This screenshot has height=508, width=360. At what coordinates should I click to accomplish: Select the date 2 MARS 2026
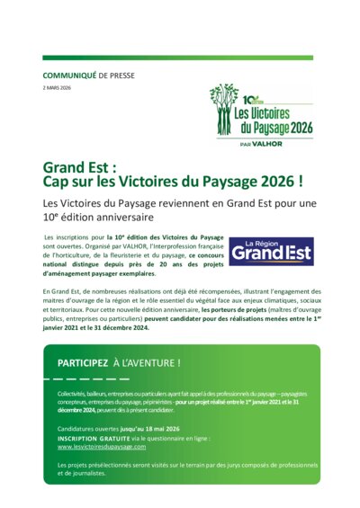click(x=58, y=88)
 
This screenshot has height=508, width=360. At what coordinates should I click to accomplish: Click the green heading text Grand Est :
click(x=80, y=167)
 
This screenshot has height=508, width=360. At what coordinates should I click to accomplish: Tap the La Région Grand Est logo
click(x=270, y=251)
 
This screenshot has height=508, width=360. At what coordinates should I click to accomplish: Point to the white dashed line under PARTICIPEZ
click(x=99, y=379)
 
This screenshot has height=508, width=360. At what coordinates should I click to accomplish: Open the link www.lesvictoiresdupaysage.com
click(x=101, y=447)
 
